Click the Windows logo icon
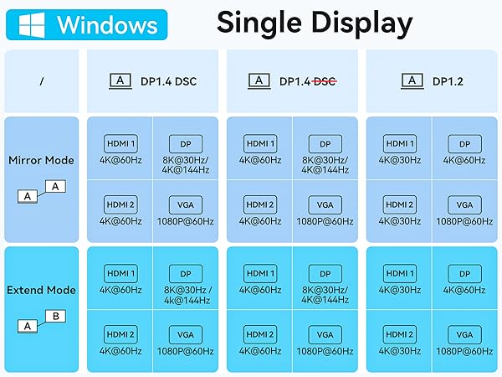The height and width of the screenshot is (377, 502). coord(32,25)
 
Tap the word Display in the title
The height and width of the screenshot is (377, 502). coord(362,23)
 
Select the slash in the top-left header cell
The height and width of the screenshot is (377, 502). coord(42,81)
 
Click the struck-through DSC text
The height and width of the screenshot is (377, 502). coord(325,81)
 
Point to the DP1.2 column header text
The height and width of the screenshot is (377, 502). coord(448,81)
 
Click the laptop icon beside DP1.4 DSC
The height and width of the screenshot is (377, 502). coord(120,81)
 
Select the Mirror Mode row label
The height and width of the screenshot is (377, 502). coord(41,160)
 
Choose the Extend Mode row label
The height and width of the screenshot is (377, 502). coord(41,290)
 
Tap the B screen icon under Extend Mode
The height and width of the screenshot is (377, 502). coord(56,316)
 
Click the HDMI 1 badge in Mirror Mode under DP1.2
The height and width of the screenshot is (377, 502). coord(400,143)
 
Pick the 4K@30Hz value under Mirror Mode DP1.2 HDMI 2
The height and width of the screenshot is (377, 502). coord(400,221)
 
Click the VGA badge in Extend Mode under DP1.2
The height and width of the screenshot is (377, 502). coord(464,334)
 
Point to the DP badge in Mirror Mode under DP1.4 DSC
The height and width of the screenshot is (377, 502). coord(186,144)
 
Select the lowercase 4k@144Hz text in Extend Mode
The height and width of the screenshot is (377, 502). coord(187,300)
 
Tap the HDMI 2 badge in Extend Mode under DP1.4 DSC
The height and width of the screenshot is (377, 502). coord(120,334)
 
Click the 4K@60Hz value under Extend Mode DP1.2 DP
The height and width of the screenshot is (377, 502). coord(464,290)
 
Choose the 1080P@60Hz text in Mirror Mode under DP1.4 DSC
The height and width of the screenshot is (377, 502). coord(186,221)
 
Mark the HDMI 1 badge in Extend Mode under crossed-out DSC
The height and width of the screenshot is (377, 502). coord(260,273)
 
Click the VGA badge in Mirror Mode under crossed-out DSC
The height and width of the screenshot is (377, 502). coord(325,204)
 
